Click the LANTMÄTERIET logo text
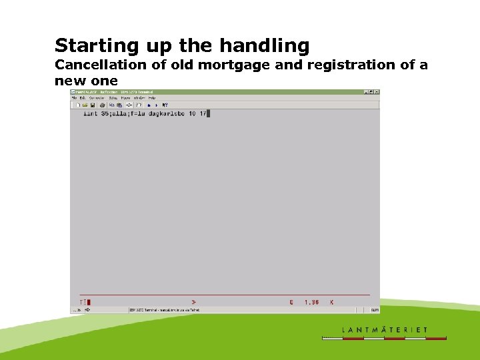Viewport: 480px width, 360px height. coord(385,329)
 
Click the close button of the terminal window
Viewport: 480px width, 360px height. coord(377,92)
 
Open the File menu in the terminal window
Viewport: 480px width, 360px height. coord(75,98)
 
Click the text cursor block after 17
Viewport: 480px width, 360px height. coord(208,113)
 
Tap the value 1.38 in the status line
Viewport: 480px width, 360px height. coord(311,302)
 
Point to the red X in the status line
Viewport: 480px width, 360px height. coord(331,302)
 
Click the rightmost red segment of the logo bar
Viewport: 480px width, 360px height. coord(436,339)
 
